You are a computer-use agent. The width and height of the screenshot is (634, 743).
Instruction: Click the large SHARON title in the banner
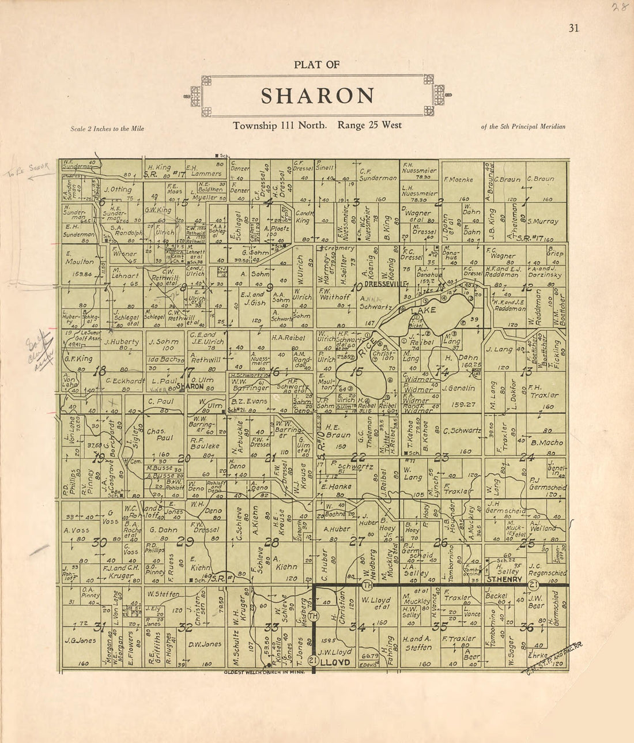point(318,96)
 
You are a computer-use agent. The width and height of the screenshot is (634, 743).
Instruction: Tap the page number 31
point(573,28)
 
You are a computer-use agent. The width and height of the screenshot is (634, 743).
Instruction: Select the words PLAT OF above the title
point(316,65)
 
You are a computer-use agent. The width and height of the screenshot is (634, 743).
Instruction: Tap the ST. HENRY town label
point(504,579)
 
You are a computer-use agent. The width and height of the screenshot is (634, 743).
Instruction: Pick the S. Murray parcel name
point(542,221)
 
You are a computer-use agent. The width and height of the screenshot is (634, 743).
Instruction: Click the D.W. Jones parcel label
point(204,644)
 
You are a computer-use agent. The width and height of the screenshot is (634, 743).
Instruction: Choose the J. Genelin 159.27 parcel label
point(459,396)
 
